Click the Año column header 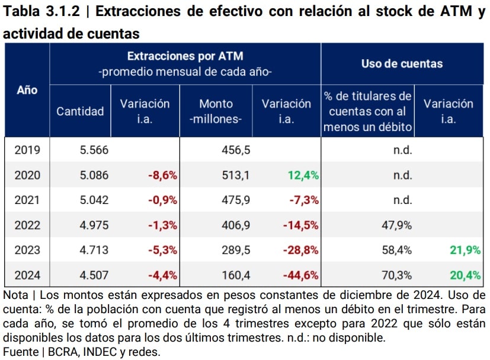point(27,90)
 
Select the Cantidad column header point(80,111)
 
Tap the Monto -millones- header point(216,111)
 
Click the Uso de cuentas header point(402,63)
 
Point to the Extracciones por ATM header point(185,56)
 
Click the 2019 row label point(27,150)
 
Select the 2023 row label point(27,250)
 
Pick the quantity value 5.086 point(94,175)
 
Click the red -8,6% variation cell point(163,175)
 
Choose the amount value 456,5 point(235,150)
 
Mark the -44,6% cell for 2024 point(301,275)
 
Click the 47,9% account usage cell point(397,225)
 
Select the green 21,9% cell point(465,250)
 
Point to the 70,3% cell point(397,275)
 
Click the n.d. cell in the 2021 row point(402,200)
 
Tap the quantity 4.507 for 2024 point(94,275)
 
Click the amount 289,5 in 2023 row point(235,250)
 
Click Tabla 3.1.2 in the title point(41,11)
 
